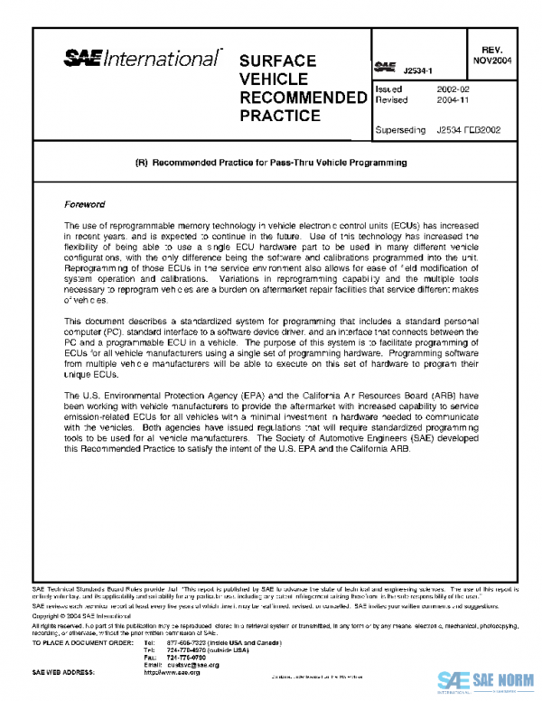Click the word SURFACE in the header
[277, 61]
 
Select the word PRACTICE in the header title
[280, 116]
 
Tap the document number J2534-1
[418, 70]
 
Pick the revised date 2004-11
[452, 101]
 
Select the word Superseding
[399, 130]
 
